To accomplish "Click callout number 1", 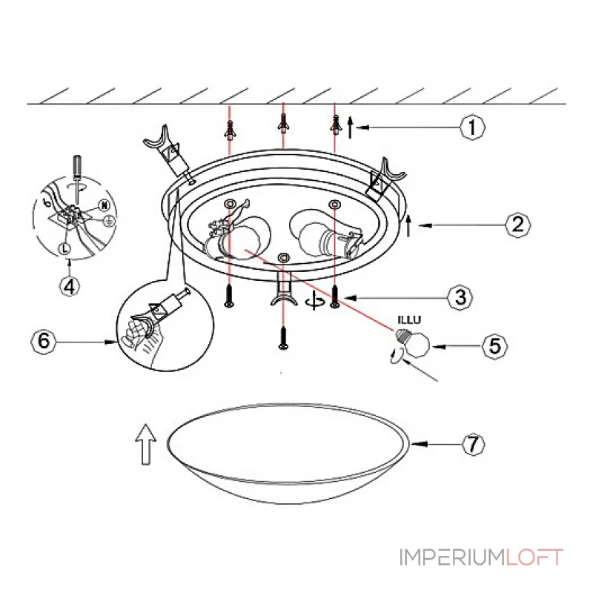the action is pyautogui.click(x=472, y=127).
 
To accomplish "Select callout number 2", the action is pyautogui.click(x=517, y=225).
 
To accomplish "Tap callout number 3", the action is pyautogui.click(x=460, y=297).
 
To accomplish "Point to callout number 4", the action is pyautogui.click(x=70, y=286).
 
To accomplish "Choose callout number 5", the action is pyautogui.click(x=494, y=346).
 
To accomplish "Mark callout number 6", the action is pyautogui.click(x=44, y=341).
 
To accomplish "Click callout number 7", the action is pyautogui.click(x=473, y=444).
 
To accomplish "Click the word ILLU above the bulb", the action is pyautogui.click(x=409, y=320).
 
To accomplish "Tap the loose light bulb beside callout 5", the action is pyautogui.click(x=413, y=342).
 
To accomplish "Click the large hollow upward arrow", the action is pyautogui.click(x=145, y=444).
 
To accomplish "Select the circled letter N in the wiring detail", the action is pyautogui.click(x=104, y=205).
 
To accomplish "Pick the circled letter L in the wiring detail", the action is pyautogui.click(x=64, y=248).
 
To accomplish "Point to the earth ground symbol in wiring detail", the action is pyautogui.click(x=109, y=221).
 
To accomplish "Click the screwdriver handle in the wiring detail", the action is pyautogui.click(x=78, y=165).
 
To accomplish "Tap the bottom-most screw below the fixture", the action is pyautogui.click(x=283, y=338).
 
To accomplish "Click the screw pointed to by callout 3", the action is pyautogui.click(x=334, y=296).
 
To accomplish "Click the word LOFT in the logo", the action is pyautogui.click(x=534, y=557).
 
